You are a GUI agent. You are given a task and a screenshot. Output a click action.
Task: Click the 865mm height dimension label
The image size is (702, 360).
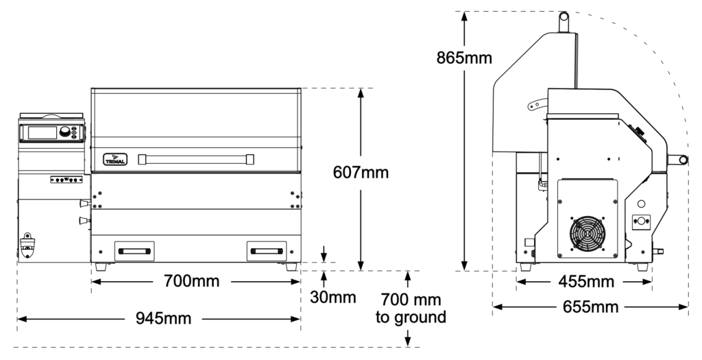click(x=463, y=58)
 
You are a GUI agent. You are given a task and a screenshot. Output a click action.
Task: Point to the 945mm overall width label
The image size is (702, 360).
click(x=158, y=318)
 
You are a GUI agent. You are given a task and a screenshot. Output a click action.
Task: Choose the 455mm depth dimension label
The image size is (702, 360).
click(x=585, y=281)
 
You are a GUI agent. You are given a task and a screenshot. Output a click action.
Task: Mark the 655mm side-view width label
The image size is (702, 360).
click(x=591, y=307)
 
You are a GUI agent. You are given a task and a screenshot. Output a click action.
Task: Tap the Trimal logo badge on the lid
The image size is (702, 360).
click(x=112, y=158)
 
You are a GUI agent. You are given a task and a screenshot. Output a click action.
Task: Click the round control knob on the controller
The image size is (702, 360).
click(x=66, y=132)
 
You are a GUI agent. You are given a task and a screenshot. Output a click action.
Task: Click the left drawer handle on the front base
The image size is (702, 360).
click(x=134, y=251)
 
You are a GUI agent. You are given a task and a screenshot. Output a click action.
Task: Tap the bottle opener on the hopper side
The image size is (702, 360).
click(x=28, y=243)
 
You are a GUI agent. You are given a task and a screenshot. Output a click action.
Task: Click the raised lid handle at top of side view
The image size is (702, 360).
click(x=564, y=21)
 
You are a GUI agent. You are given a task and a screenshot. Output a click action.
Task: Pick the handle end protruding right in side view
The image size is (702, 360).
click(x=681, y=158)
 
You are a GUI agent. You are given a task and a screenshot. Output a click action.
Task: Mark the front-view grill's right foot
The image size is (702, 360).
click(x=291, y=267)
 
